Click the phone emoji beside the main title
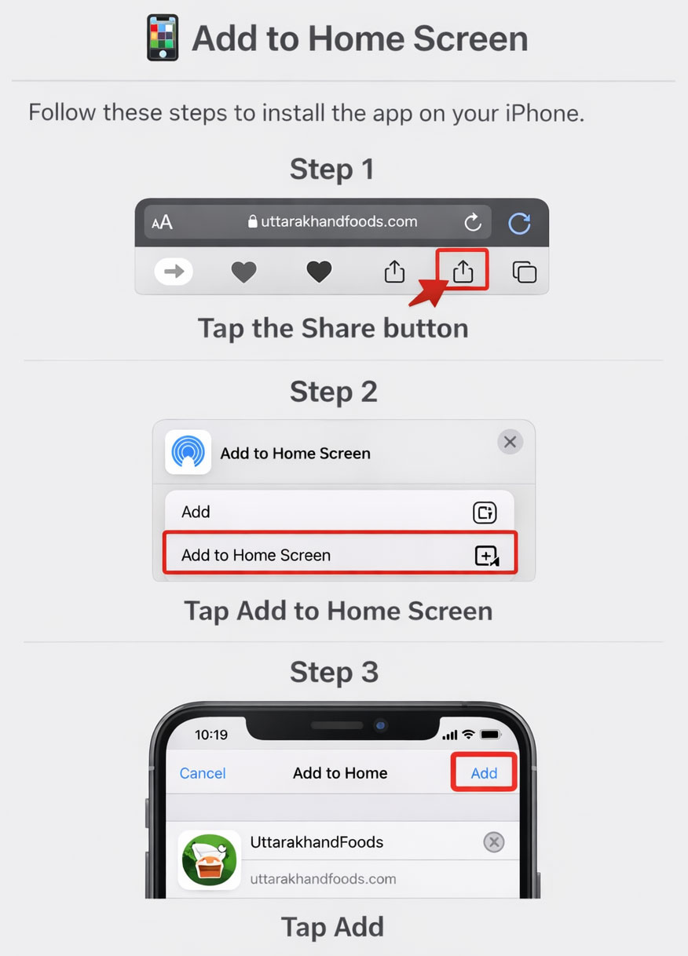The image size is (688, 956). pyautogui.click(x=163, y=38)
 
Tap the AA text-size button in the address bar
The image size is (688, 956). pyautogui.click(x=163, y=222)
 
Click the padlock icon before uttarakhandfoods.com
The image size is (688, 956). pyautogui.click(x=252, y=221)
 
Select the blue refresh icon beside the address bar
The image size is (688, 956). pyautogui.click(x=519, y=223)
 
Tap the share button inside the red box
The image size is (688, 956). pyautogui.click(x=463, y=271)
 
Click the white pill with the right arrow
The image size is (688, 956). pyautogui.click(x=174, y=271)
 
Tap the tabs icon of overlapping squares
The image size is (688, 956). pyautogui.click(x=525, y=272)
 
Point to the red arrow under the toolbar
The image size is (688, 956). pyautogui.click(x=429, y=292)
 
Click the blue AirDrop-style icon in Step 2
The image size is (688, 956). pyautogui.click(x=188, y=452)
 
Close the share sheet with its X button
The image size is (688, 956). pyautogui.click(x=510, y=442)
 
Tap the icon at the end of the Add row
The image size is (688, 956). pyautogui.click(x=485, y=512)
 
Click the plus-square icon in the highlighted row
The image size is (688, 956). pyautogui.click(x=487, y=556)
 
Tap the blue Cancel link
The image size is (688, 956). pyautogui.click(x=203, y=773)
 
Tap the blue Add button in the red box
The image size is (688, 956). pyautogui.click(x=484, y=773)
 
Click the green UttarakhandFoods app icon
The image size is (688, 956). pyautogui.click(x=209, y=859)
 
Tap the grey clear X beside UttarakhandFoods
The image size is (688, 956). pyautogui.click(x=494, y=842)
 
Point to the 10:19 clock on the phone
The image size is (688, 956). pyautogui.click(x=211, y=735)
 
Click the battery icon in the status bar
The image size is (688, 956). pyautogui.click(x=491, y=735)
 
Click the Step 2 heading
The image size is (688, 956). pyautogui.click(x=334, y=392)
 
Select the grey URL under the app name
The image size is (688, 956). pyautogui.click(x=323, y=879)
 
